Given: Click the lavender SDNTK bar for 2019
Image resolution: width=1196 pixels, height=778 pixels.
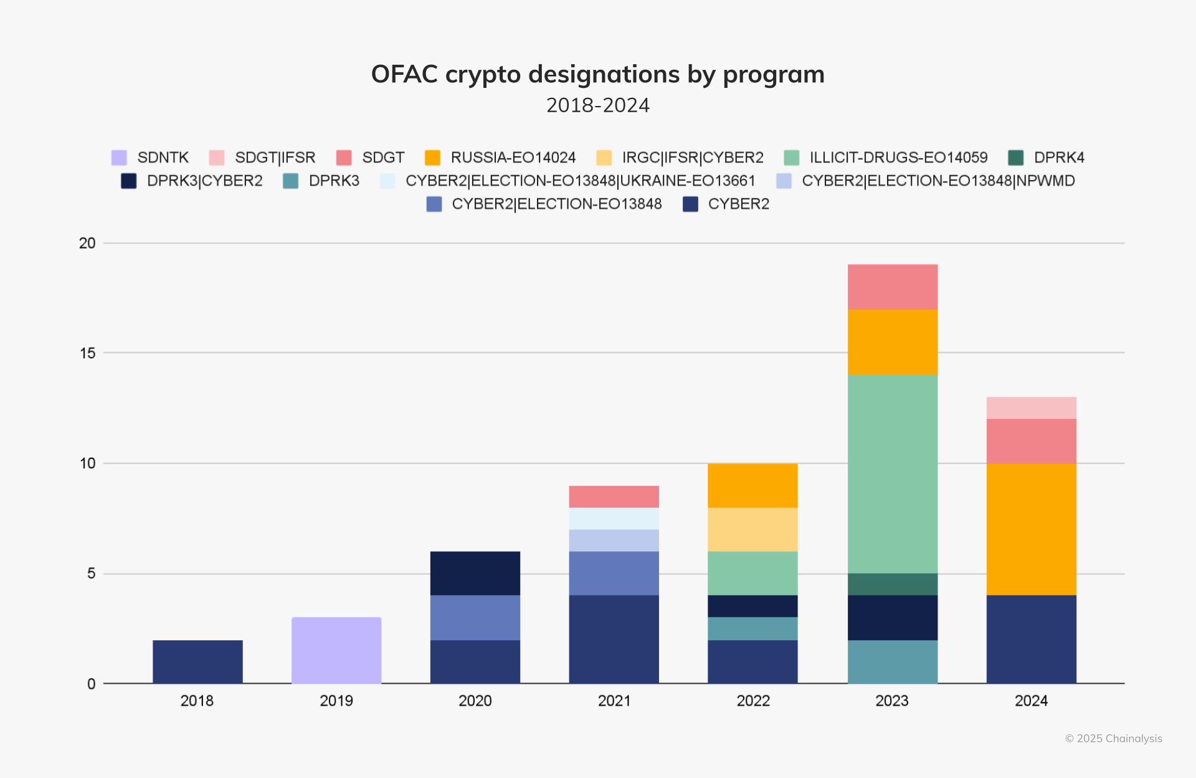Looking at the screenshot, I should click(x=336, y=650).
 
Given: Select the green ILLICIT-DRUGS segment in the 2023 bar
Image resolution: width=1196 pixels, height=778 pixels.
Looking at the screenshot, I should click(x=892, y=474).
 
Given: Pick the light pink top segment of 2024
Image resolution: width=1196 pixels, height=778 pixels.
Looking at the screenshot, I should click(x=1031, y=408).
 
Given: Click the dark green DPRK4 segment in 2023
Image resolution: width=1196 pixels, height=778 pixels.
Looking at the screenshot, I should click(x=892, y=584).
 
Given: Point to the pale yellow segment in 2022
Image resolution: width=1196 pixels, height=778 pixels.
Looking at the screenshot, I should click(x=752, y=529).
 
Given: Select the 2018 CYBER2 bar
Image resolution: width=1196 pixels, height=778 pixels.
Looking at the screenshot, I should click(x=197, y=661).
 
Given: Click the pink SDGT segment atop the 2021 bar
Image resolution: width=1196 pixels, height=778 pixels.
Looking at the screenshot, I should click(x=614, y=496).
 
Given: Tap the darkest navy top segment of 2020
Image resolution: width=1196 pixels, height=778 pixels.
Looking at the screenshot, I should click(x=475, y=573).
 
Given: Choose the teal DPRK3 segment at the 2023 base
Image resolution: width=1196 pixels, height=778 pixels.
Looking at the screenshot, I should click(x=892, y=661).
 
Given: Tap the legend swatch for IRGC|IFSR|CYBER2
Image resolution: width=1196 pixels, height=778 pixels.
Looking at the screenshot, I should click(x=604, y=158).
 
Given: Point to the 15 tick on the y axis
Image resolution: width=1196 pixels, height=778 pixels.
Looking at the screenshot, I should click(x=88, y=353).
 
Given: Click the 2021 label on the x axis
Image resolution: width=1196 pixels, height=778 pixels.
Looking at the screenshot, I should click(x=614, y=701).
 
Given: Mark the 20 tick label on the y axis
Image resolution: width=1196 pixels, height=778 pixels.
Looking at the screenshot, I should click(x=88, y=243).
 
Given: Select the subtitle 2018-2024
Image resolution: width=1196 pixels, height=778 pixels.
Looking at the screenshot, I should click(x=598, y=105).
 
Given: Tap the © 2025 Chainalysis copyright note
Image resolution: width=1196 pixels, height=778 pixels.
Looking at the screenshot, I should click(x=1113, y=739).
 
